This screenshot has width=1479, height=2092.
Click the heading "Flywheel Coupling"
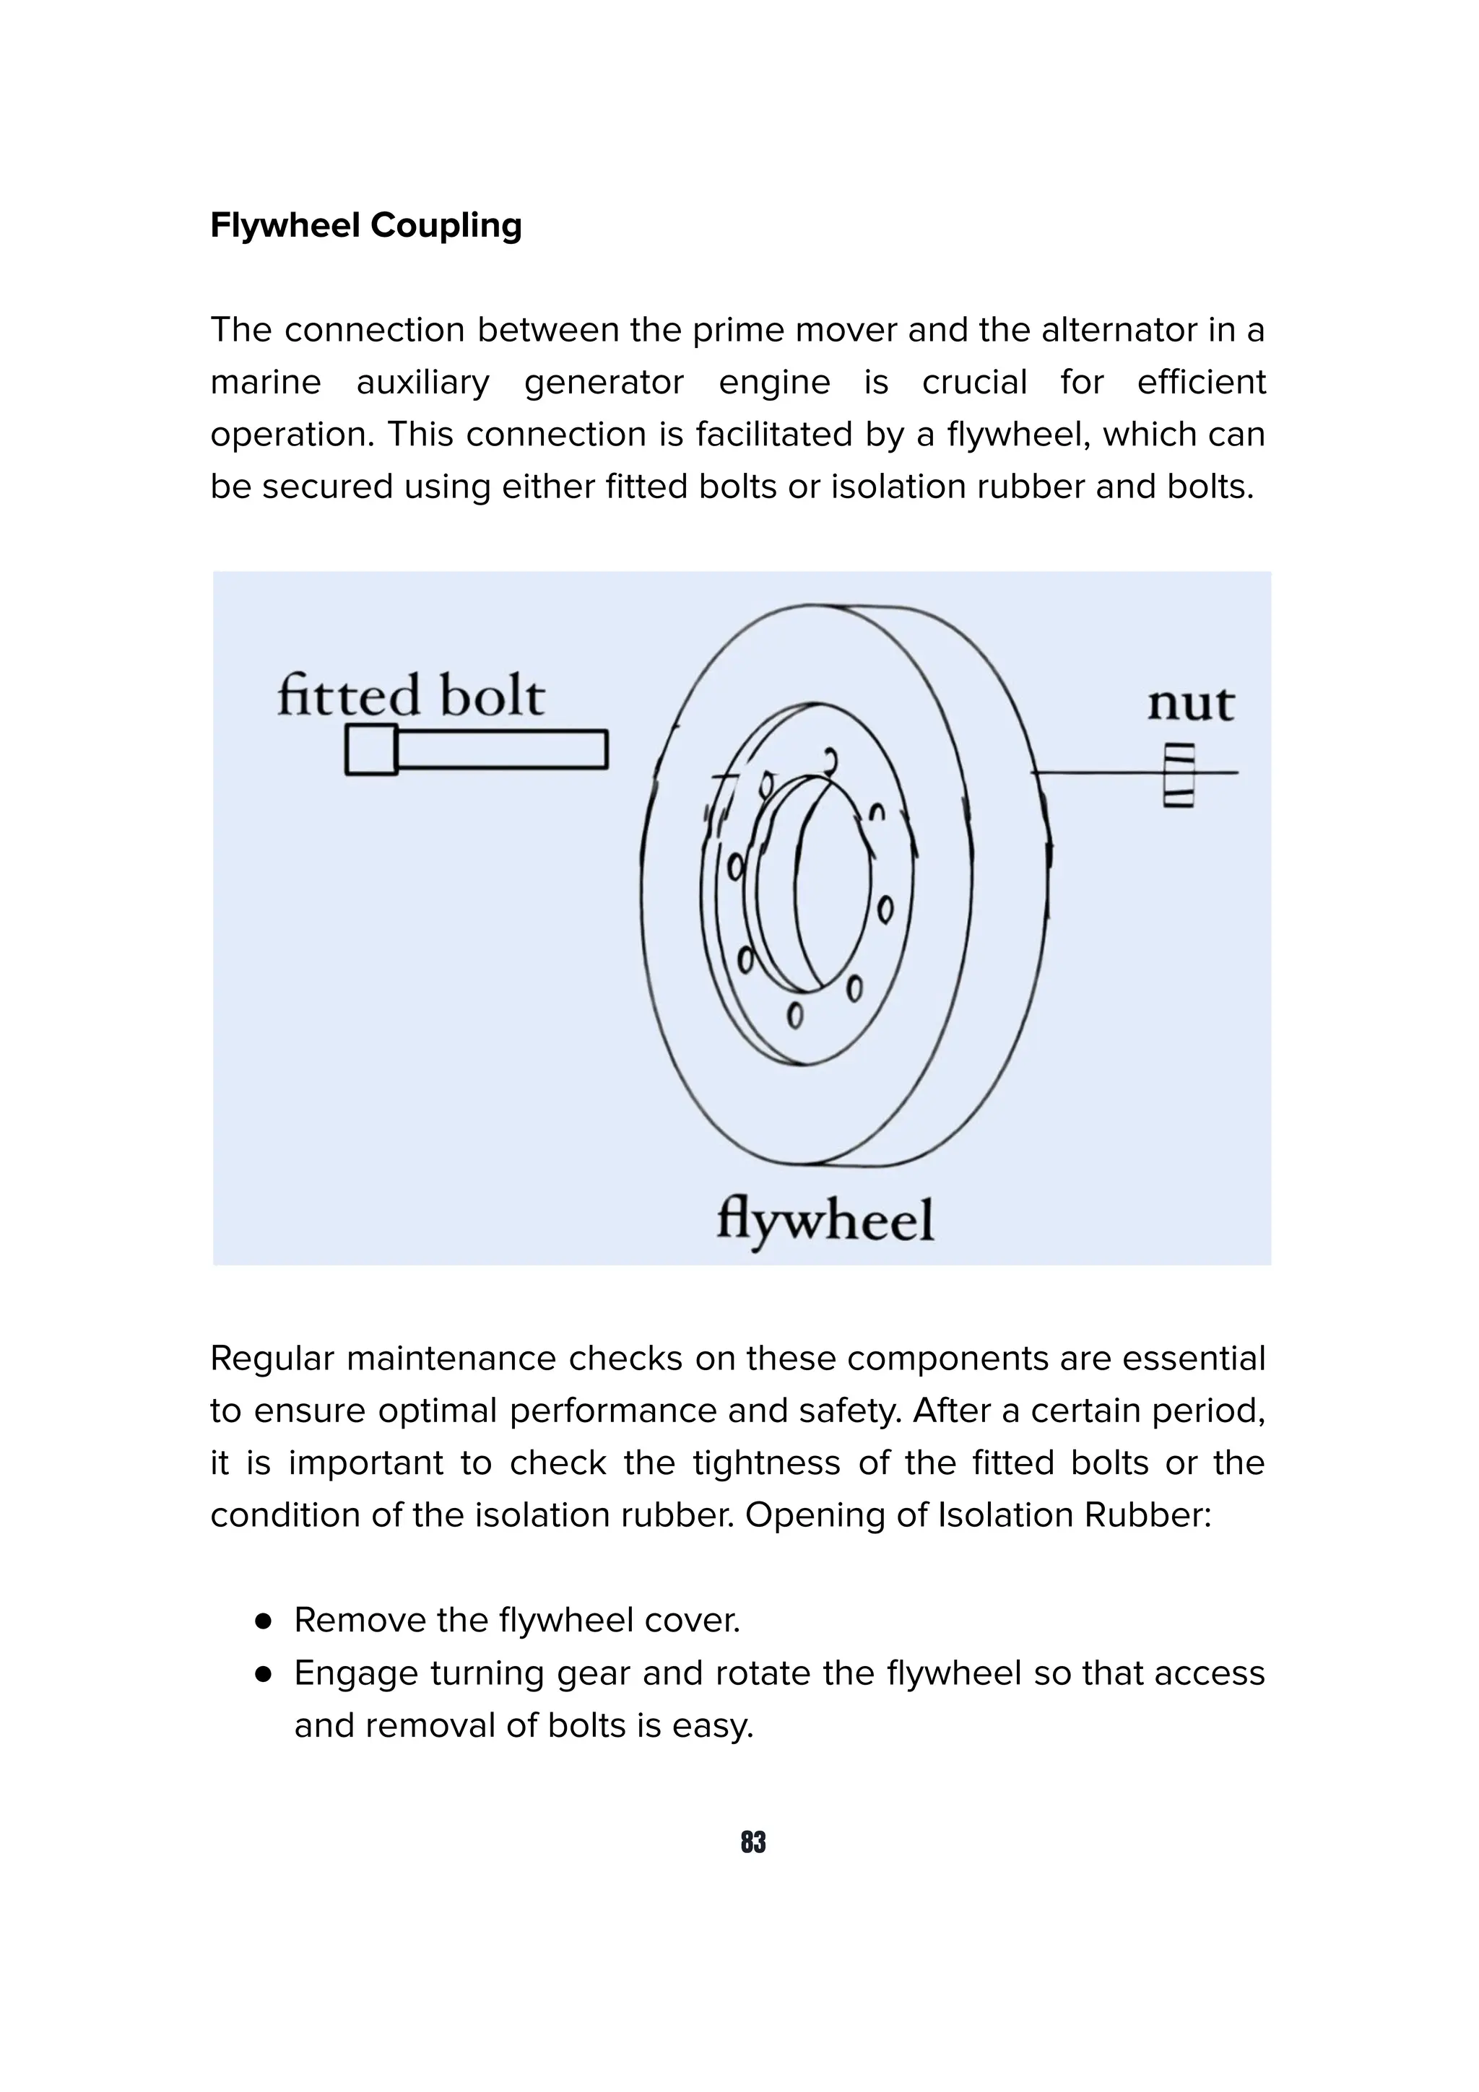365,225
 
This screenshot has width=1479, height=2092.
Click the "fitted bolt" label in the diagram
410,697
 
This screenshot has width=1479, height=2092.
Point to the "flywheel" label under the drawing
825,1221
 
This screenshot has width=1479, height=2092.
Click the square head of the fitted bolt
371,750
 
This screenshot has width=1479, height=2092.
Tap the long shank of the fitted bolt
501,750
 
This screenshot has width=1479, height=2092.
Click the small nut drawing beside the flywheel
1179,775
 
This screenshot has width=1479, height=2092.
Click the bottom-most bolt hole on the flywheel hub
794,1015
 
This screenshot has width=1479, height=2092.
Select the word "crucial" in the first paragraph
974,383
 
